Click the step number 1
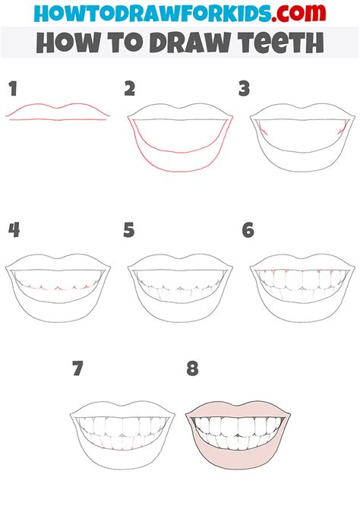point(12,90)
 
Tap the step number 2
point(130,90)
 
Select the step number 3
point(245,90)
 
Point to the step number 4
point(13,230)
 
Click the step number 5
point(129,230)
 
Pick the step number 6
point(248,230)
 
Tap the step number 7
point(77,370)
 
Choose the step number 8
point(192,370)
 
